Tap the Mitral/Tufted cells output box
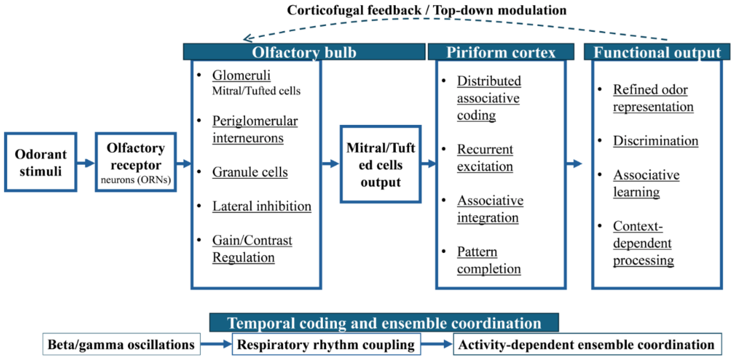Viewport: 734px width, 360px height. point(380,164)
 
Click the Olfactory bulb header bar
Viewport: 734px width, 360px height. point(304,52)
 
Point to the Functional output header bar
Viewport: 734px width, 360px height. point(657,52)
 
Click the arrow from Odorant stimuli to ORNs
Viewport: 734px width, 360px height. point(86,163)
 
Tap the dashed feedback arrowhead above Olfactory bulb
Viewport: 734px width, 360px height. point(247,38)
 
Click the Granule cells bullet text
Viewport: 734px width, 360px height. point(250,172)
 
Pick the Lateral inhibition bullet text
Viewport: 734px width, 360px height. point(262,206)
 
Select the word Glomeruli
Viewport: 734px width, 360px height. point(241,76)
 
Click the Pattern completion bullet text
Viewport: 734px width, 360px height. point(489,260)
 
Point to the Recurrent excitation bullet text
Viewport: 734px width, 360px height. point(485,158)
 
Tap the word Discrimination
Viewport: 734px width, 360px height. point(655,141)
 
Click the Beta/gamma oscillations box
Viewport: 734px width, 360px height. point(121,344)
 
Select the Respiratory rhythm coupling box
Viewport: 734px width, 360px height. point(326,344)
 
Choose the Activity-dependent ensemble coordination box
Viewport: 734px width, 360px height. point(587,344)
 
